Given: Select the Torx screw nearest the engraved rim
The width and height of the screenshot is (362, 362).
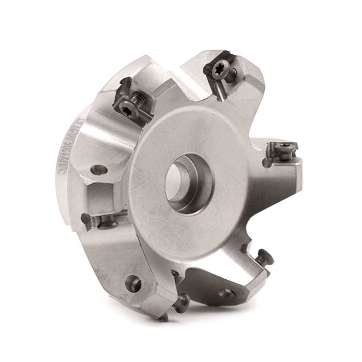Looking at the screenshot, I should click(127, 107).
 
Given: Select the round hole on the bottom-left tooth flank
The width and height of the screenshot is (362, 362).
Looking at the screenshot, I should click(133, 283).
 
